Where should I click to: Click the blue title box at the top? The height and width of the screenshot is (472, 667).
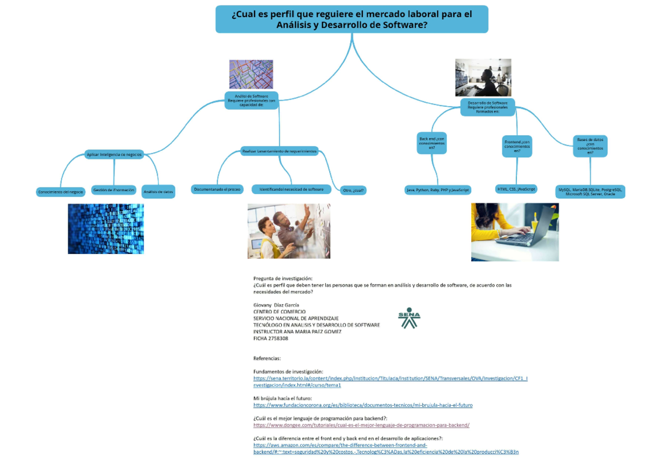[352, 19]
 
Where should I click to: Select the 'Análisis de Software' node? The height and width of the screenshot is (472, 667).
[252, 100]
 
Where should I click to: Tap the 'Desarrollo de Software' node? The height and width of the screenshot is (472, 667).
[487, 107]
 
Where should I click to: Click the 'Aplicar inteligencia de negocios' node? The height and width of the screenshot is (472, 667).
[114, 154]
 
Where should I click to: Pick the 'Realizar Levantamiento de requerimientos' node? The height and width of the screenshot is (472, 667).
[279, 151]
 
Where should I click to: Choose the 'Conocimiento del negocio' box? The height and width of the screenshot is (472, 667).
[61, 192]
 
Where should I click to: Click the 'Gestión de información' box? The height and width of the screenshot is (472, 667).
[114, 190]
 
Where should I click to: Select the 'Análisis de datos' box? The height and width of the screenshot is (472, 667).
[158, 192]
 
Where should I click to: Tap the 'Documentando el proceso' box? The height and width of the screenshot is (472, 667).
[217, 190]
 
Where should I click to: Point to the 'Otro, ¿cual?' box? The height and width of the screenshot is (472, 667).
[354, 190]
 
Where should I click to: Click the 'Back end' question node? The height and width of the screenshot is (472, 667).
[432, 143]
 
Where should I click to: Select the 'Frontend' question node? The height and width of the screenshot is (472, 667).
[517, 146]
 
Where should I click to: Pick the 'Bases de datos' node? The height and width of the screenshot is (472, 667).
[590, 146]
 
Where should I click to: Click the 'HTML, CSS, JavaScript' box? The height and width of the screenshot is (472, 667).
[516, 189]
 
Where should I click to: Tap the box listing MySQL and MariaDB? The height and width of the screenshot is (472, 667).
[590, 192]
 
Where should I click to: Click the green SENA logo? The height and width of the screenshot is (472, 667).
[409, 318]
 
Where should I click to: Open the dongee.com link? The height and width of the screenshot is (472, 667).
[361, 425]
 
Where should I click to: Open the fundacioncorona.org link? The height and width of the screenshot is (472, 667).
[363, 405]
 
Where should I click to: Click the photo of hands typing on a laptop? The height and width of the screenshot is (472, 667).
[515, 232]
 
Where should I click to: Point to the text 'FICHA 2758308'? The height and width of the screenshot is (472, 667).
[271, 339]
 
